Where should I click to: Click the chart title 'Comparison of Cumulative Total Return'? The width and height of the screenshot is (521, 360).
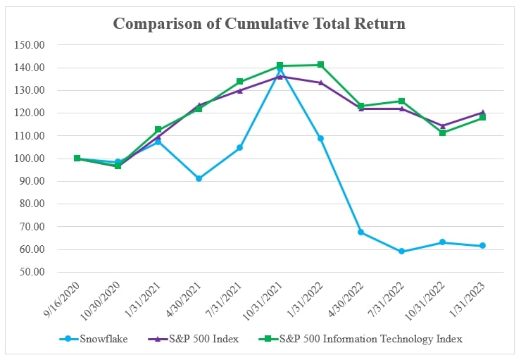click(259, 23)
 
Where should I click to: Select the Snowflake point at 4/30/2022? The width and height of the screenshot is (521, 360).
click(361, 232)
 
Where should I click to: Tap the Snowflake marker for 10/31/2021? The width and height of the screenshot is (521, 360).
click(280, 70)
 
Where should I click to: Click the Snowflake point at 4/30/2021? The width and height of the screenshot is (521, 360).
click(199, 178)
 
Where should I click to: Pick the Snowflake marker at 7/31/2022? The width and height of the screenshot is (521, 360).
click(402, 251)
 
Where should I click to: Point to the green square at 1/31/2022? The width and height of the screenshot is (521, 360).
click(321, 65)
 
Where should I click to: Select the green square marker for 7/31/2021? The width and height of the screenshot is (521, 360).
click(239, 81)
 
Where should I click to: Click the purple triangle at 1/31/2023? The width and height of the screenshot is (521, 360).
click(483, 113)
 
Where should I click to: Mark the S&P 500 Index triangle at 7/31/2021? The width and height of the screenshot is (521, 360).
click(239, 90)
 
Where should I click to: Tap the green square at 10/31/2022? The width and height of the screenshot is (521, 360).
click(442, 132)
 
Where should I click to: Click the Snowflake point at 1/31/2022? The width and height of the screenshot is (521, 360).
click(321, 138)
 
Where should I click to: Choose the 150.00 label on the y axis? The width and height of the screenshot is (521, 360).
click(30, 45)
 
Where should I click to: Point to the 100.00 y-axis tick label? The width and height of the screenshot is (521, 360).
click(30, 159)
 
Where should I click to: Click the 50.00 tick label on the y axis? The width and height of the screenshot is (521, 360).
click(32, 272)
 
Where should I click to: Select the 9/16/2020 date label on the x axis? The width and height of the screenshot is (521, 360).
click(61, 302)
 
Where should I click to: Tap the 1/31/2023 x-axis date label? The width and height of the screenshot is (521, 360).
click(467, 302)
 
